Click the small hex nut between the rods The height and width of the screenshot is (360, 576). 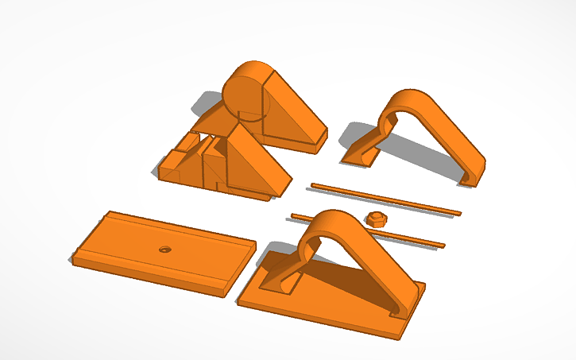tap(377, 219)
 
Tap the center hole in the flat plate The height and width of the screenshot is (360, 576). tap(165, 249)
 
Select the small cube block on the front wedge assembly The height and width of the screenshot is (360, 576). tap(185, 145)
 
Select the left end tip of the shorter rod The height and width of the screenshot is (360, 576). tap(293, 215)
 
